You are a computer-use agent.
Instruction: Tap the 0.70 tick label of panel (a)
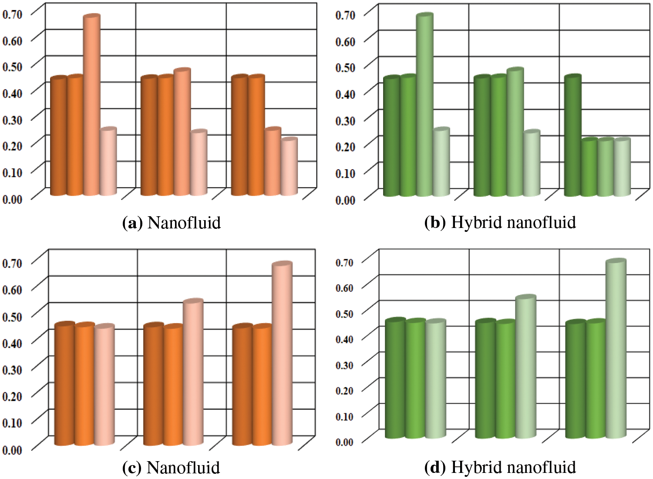coord(12,14)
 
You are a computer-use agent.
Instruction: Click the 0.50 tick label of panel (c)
coord(12,316)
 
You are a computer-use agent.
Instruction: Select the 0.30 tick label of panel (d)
coord(344,365)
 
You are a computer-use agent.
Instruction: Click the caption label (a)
coord(132,223)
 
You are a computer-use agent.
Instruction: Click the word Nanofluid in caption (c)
coord(183,468)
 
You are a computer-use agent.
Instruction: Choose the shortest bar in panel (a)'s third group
coord(289,166)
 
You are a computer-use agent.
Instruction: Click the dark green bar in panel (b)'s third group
coord(572,136)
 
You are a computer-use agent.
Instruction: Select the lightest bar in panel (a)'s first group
coord(108,162)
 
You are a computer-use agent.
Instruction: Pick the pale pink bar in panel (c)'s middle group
coord(193,372)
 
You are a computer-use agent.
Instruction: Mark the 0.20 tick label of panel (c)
coord(12,396)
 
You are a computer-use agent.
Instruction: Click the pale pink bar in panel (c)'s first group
coord(104,385)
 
